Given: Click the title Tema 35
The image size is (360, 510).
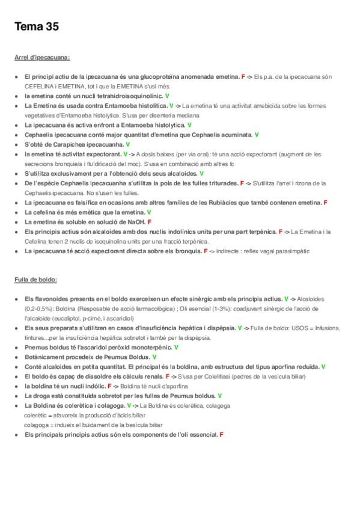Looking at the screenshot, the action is pos(36,28).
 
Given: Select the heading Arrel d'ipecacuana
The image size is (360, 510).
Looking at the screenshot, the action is pos(42,58).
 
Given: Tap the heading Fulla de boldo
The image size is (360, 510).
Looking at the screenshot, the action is pos(35,280).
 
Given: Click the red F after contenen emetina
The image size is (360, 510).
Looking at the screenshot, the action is pos(325,203).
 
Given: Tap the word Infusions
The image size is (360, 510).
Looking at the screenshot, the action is pos(326,328).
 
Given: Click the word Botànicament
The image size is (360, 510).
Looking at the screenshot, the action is pos(44,357).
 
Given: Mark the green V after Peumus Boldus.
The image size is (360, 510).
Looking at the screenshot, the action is pos(154,357).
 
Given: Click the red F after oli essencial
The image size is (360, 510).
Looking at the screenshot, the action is pos(222,434).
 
